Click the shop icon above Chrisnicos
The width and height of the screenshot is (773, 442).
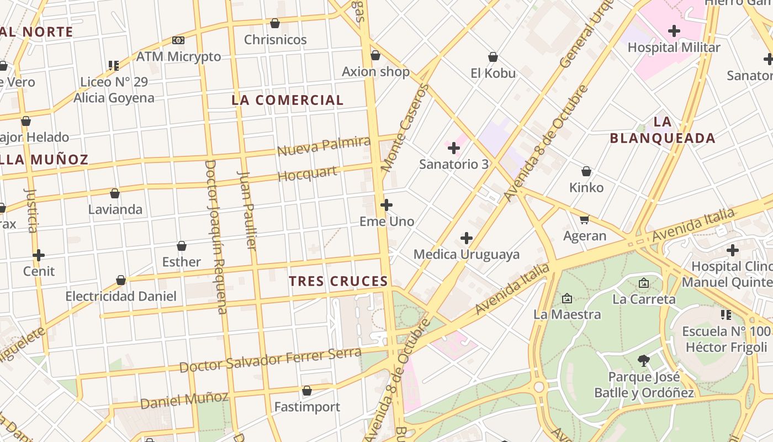click(x=274, y=23)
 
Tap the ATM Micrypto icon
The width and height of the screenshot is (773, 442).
click(x=178, y=40)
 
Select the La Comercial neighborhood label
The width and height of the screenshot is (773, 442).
click(x=287, y=100)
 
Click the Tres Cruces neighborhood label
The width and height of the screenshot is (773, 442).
click(x=338, y=281)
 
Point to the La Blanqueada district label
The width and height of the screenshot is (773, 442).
click(x=663, y=130)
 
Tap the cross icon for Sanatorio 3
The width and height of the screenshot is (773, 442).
click(x=453, y=148)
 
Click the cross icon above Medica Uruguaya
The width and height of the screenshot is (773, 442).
click(x=467, y=238)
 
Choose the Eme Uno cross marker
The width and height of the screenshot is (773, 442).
click(x=386, y=206)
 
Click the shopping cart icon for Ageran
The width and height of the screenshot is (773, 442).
click(x=584, y=220)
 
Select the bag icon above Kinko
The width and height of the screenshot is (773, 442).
click(x=586, y=172)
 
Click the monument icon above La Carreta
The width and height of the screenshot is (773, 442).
click(x=644, y=283)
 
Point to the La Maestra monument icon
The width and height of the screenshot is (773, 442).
click(x=567, y=299)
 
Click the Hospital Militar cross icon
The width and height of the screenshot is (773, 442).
click(x=674, y=31)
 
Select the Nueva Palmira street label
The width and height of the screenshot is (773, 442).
click(x=324, y=146)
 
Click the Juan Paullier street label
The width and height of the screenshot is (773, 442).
click(x=247, y=210)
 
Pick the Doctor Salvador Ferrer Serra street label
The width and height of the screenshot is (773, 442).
click(x=270, y=360)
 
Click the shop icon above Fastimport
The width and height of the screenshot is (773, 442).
click(x=307, y=391)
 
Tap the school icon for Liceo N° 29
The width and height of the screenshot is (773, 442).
click(x=114, y=66)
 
